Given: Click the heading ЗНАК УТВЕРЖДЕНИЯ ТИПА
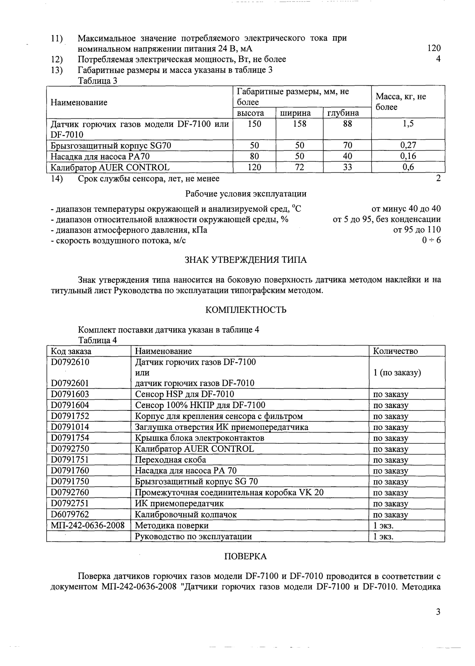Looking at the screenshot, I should pos(245,260).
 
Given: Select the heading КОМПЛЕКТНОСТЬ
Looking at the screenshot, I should pos(246,310).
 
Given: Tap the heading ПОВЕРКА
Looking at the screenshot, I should pos(245,556).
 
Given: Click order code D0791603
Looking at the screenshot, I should pos(70,394).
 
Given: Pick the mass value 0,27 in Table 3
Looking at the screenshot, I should pos(408,145).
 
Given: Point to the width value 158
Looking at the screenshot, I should pos(299,124).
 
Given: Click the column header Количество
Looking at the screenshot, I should pos(395,351).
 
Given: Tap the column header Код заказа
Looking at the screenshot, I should pos(71,351).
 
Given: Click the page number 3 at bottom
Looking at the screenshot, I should pos(438,612).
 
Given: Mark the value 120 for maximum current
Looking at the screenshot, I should pos(434,48).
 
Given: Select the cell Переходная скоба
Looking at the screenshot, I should pos(170,459).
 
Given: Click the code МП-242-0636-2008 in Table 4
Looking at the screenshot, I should pos(87,525).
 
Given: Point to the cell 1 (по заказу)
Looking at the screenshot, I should pos(397,372).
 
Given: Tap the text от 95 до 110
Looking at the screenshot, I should pos(417,230).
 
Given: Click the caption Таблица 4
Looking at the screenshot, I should pos(97,341).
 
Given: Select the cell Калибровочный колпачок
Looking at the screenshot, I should pos(186,514).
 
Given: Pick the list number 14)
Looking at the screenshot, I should pos(57,179).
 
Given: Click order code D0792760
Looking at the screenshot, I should pos(70,492).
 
